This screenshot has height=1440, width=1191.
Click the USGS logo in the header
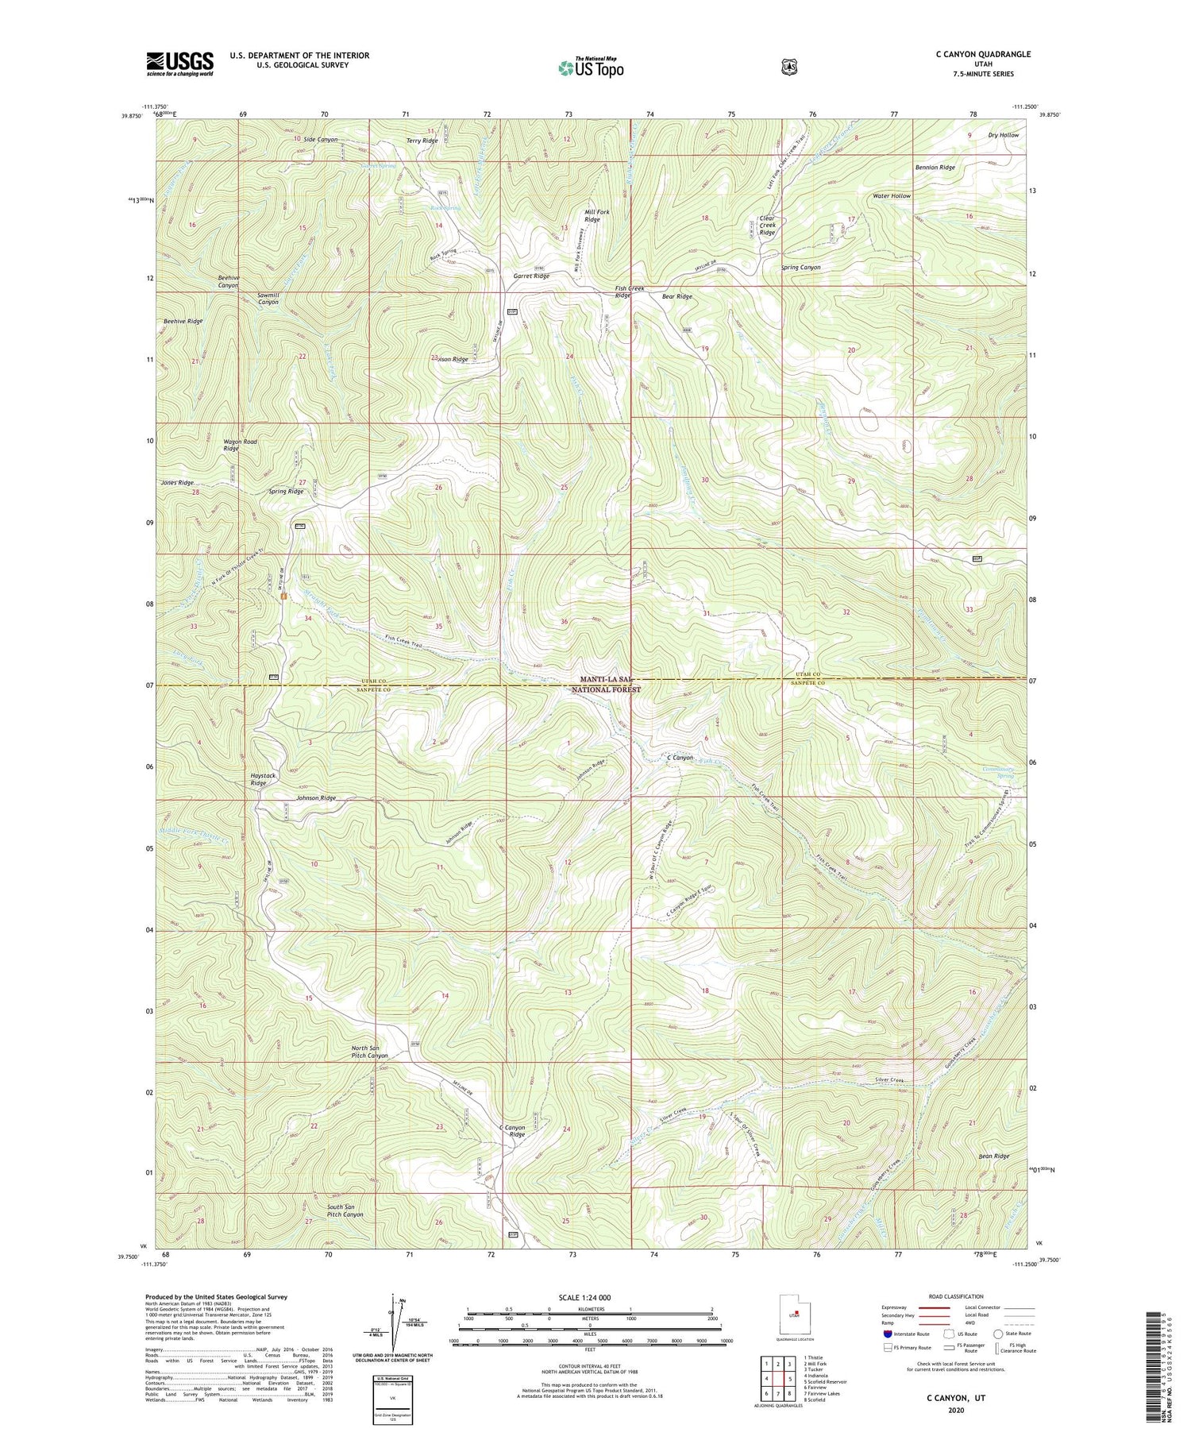179,64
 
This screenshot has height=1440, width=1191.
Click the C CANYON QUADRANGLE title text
983,54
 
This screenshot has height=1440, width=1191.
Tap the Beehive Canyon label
229,281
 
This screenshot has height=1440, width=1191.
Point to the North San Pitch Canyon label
369,1052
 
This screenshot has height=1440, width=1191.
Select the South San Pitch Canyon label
345,1210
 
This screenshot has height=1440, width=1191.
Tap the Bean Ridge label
993,1156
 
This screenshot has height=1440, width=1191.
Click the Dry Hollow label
1003,135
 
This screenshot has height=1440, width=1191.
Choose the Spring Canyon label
800,268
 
